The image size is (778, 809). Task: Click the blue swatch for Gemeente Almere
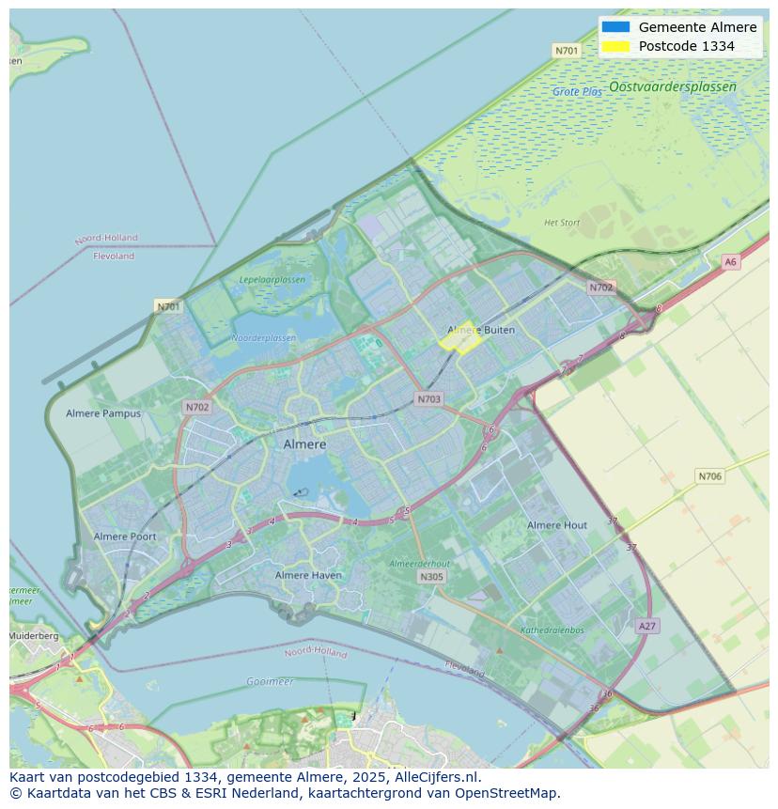coord(615,27)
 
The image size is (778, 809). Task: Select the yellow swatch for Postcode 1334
coord(615,46)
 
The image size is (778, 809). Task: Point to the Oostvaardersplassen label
coord(672,86)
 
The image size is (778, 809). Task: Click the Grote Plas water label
coord(577,92)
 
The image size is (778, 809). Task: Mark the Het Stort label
coord(562,223)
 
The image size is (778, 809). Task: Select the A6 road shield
coord(730,262)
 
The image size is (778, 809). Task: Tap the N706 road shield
coord(709,476)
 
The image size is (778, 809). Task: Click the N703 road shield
coord(428,399)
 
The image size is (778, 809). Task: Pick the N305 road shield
coord(431,577)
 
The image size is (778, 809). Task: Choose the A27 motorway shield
coord(646,626)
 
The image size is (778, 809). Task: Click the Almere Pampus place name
coord(103,413)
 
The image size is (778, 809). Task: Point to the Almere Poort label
coord(125,537)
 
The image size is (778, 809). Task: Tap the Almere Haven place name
coord(309,575)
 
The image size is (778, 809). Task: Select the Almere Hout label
coord(557,525)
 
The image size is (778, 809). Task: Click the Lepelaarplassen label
coord(272,280)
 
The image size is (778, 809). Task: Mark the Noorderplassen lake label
coord(263,338)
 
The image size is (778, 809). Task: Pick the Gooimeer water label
coord(270,681)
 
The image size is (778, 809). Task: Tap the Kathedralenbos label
coord(552,630)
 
